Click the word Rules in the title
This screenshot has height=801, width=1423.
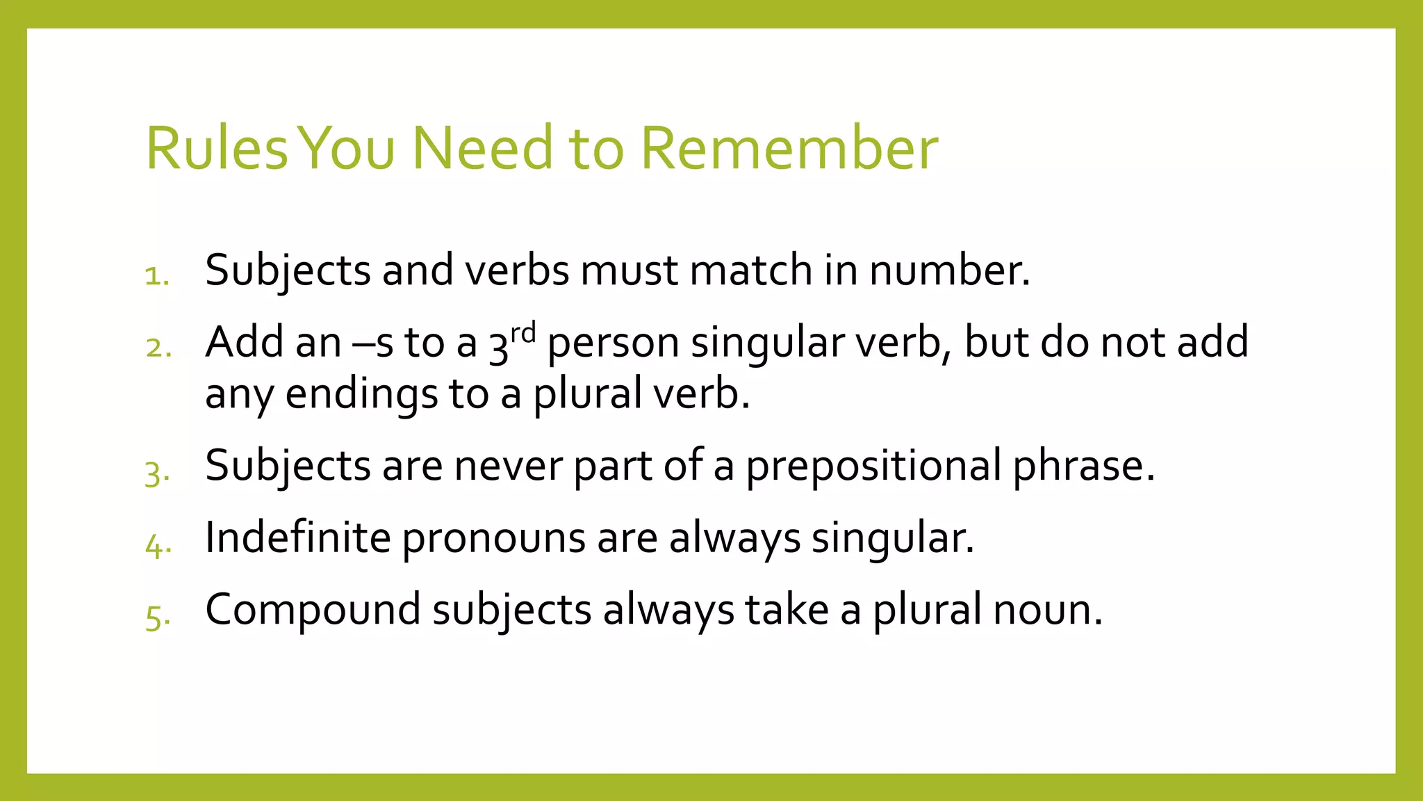216,148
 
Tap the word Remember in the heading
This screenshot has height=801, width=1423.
789,148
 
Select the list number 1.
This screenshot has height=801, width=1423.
157,276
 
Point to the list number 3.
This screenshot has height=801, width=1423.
157,474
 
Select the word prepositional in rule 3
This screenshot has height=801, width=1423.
873,466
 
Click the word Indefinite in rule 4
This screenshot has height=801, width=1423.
298,537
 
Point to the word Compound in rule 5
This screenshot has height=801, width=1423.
313,609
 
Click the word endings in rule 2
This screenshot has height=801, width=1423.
361,394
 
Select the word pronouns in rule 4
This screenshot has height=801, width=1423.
494,538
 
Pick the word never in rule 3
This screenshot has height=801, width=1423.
508,466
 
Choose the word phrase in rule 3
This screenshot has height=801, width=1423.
1083,466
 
